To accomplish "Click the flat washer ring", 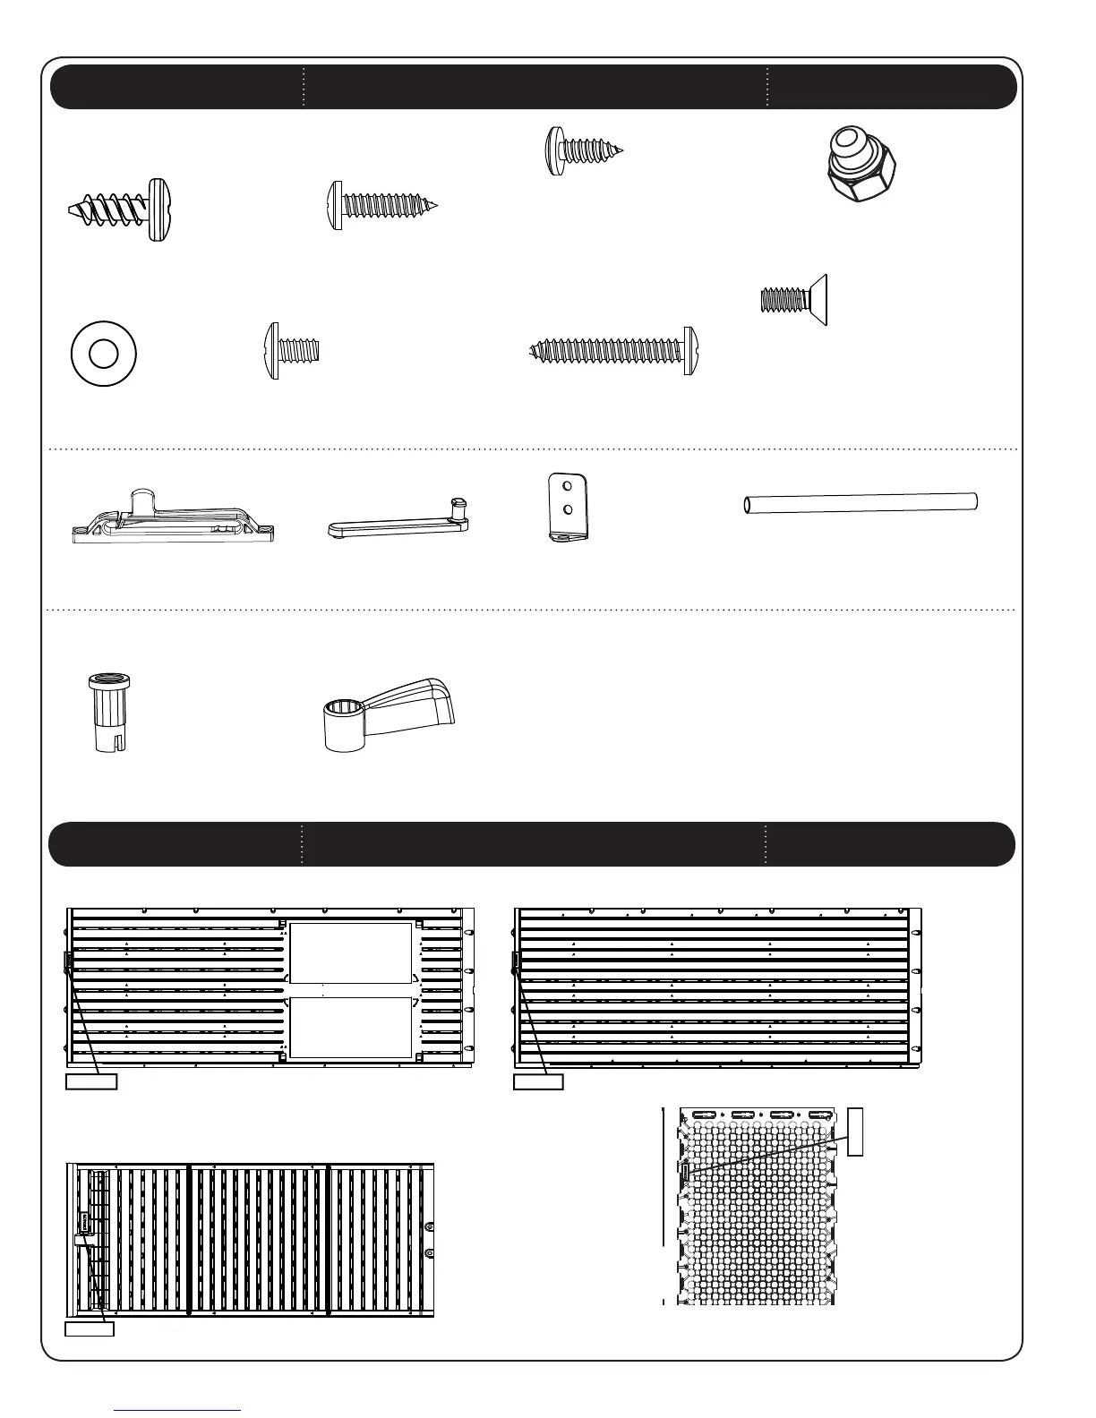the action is pos(104,354).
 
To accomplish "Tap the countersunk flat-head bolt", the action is pos(794,300).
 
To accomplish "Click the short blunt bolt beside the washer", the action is pos(292,351).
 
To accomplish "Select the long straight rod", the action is pos(861,503).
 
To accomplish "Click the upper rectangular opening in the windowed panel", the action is pos(350,952).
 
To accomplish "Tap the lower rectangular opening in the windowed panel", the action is pos(350,1028).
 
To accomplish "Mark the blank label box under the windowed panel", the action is pos(91,1081).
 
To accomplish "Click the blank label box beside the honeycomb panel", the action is pos(855,1131).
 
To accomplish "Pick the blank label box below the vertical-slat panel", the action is pos(90,1328).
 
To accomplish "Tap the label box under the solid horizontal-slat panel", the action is pos(538,1081).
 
